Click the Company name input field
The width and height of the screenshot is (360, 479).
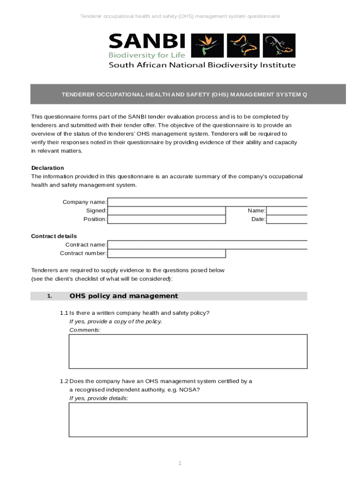(207, 202)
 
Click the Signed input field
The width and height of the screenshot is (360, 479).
(166, 211)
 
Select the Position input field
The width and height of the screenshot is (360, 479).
(166, 219)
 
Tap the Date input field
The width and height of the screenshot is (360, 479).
(287, 219)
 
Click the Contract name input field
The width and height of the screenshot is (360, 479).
(207, 245)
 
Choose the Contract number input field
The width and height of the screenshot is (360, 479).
(166, 254)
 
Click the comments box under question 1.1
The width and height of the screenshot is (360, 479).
(188, 351)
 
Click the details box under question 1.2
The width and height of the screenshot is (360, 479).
(188, 420)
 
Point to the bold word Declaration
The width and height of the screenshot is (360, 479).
(48, 168)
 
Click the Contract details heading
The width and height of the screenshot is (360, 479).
(54, 236)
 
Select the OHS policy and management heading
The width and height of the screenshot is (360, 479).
(123, 296)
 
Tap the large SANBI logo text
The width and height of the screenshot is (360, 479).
(147, 41)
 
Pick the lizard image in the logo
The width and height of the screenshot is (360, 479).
(279, 45)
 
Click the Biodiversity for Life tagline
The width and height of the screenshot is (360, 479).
(147, 55)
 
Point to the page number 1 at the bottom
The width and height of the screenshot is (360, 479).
(180, 463)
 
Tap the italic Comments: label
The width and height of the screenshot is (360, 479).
(85, 330)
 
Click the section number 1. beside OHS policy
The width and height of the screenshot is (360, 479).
(50, 296)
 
